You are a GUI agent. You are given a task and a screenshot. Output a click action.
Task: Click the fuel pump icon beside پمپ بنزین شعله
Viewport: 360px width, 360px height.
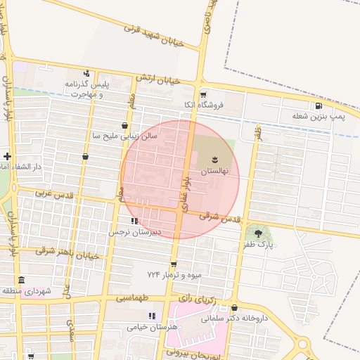pyautogui.click(x=320, y=106)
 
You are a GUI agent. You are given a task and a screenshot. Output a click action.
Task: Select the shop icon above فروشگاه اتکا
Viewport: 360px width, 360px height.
pyautogui.click(x=203, y=95)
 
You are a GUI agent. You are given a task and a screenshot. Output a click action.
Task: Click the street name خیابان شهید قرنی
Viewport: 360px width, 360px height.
pyautogui.click(x=154, y=35)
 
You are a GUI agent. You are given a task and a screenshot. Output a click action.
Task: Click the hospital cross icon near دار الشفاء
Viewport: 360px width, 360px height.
pyautogui.click(x=6, y=156)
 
